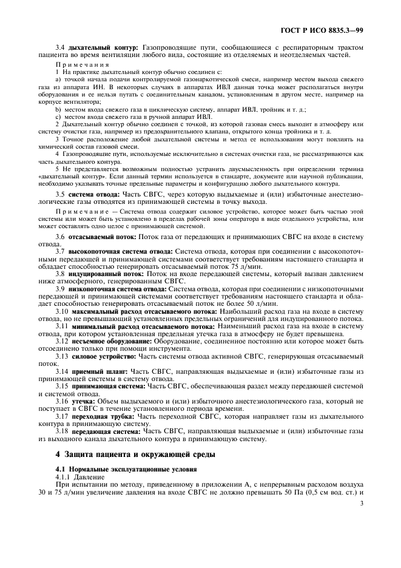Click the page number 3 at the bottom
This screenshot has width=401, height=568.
(362, 503)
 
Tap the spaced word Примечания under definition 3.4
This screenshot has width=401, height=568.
(82, 64)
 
